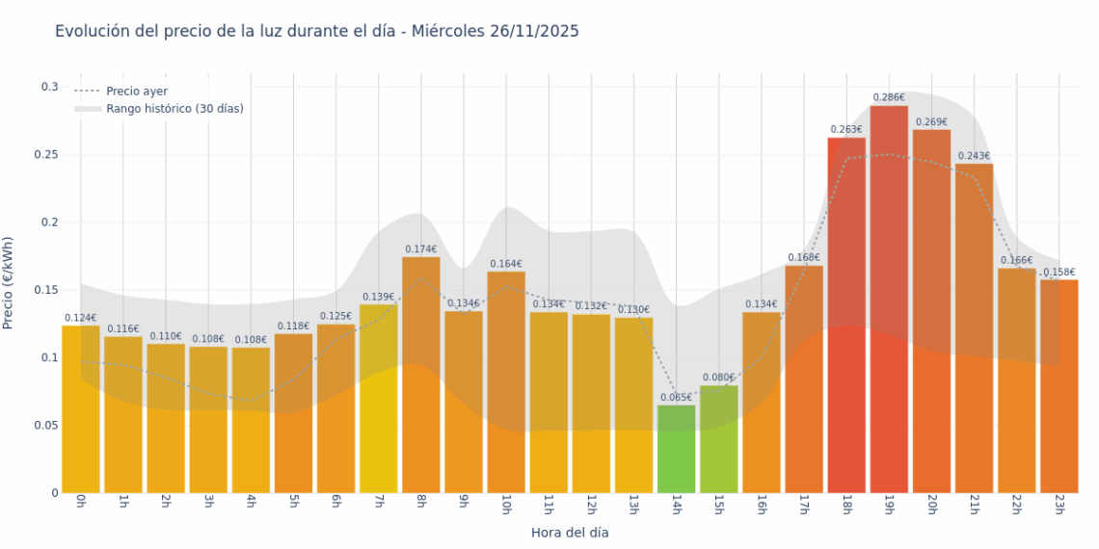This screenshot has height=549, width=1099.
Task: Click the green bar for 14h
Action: coord(676,449)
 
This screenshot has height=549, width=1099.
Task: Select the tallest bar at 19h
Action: coord(889,299)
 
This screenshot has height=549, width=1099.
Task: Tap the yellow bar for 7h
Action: coord(378,399)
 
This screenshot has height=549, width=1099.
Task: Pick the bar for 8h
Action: coord(420,375)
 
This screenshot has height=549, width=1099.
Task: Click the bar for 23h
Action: coord(1059,385)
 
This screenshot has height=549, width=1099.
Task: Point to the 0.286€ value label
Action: coord(889,97)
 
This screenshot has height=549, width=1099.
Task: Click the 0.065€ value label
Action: coord(676,397)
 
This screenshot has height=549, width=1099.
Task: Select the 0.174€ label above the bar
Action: coord(420,249)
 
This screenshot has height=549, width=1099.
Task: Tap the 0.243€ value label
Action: coord(974,156)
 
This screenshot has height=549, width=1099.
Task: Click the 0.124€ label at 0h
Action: coord(81,318)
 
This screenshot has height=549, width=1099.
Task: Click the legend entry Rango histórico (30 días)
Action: coord(174,109)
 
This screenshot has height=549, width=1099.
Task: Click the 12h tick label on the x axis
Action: coord(591,506)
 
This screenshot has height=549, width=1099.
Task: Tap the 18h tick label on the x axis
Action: coord(846,506)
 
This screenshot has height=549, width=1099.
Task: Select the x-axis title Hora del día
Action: coord(570,533)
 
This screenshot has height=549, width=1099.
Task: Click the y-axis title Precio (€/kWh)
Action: coord(9,283)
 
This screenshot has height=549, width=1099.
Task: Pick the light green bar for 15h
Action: coord(718,439)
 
